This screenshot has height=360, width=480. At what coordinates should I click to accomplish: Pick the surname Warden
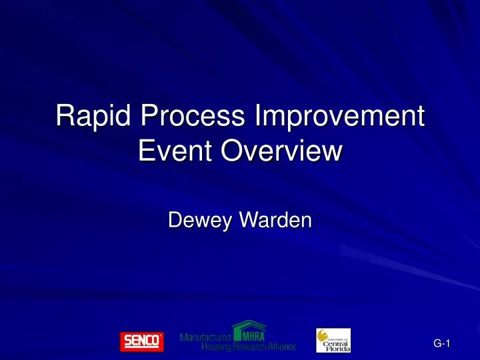tap(273, 218)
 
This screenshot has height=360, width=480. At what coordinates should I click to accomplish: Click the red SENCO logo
tap(141, 341)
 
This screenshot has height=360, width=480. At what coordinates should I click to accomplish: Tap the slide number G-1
tap(442, 343)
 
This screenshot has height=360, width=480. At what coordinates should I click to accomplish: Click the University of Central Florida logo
tap(333, 340)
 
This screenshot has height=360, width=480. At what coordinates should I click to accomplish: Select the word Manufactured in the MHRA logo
tap(205, 337)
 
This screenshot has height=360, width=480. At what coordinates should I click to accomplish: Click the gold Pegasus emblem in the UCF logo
tap(323, 336)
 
